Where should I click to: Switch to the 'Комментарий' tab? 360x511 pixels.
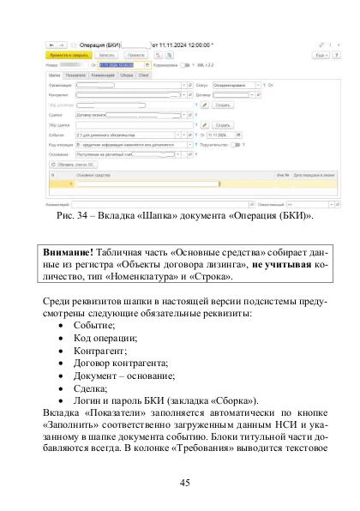coord(102,75)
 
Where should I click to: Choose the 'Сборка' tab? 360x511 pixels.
coord(127,75)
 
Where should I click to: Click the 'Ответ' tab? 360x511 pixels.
coord(145,75)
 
